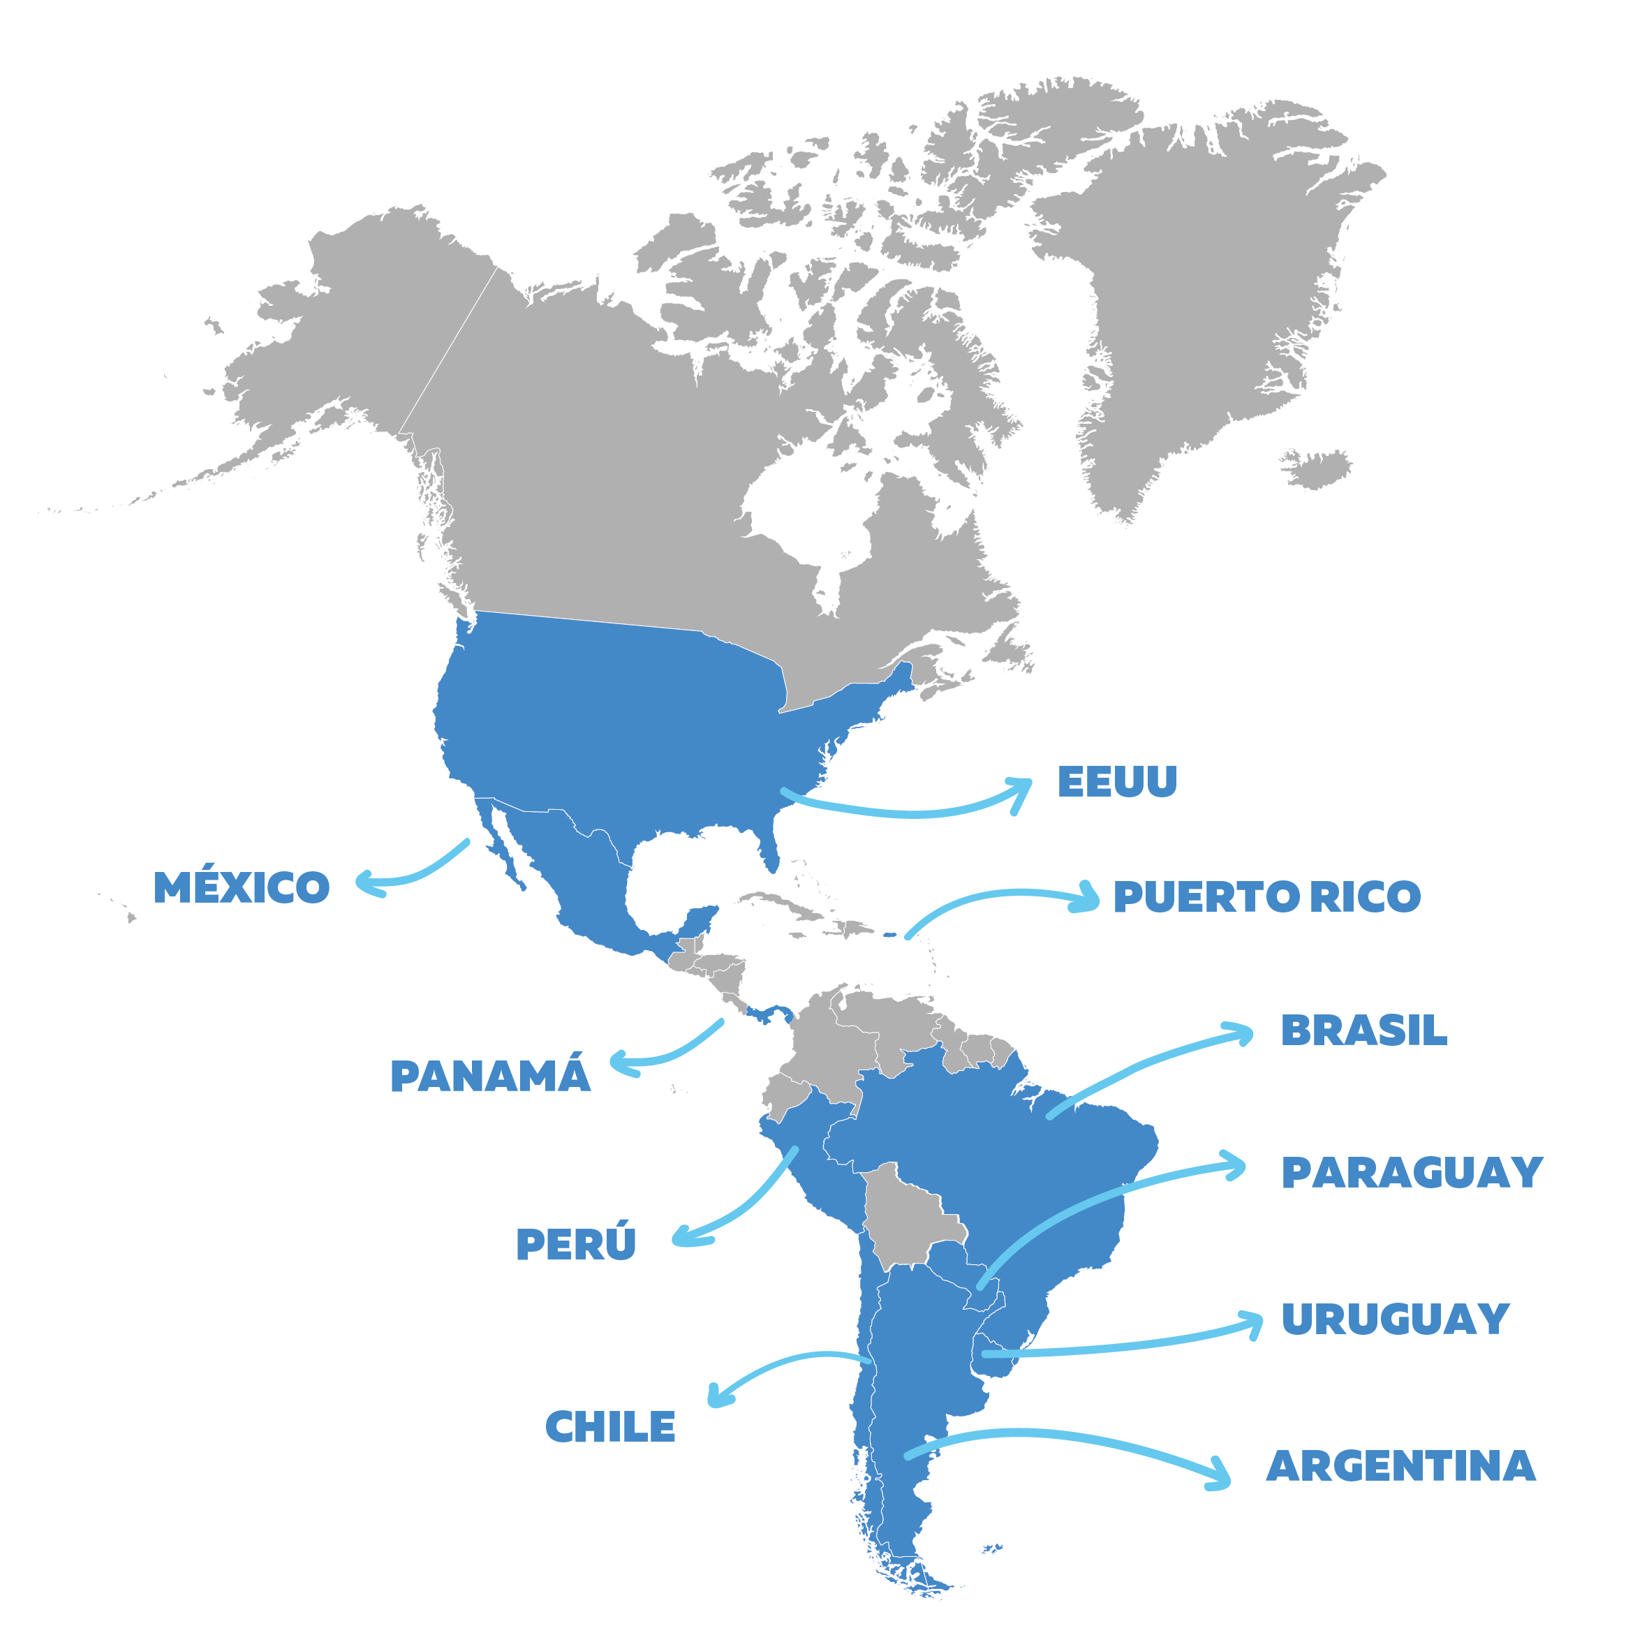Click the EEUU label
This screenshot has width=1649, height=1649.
(1116, 782)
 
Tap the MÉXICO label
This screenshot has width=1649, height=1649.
(242, 887)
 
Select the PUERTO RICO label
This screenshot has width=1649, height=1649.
(1266, 896)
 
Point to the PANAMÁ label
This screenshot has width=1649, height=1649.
(490, 1075)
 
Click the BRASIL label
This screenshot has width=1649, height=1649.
(1363, 1030)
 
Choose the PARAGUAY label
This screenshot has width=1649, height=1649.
(1412, 1173)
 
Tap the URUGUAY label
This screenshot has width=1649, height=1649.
(1395, 1319)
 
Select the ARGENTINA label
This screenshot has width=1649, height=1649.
(1400, 1466)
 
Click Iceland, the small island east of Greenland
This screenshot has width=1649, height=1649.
(1316, 468)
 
